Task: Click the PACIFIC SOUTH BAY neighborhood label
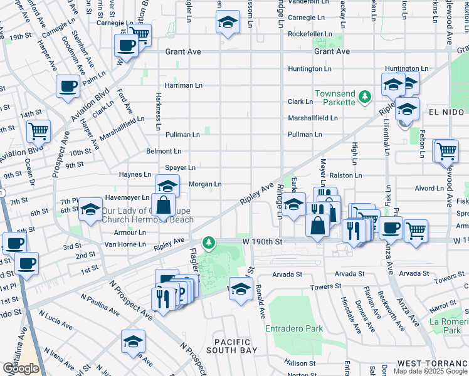click(233, 346)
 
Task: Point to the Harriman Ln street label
click(183, 85)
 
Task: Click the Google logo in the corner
click(21, 368)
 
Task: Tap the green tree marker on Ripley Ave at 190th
click(208, 243)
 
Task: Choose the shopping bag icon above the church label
click(163, 205)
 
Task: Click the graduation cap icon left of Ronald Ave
click(240, 288)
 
